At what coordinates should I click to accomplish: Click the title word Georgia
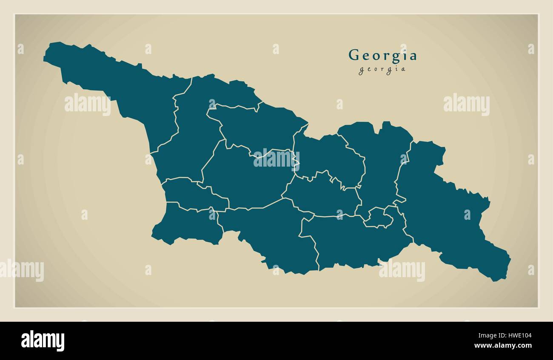[x=382, y=56]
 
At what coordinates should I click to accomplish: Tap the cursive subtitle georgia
[x=382, y=70]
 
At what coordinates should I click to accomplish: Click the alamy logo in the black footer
[x=43, y=341]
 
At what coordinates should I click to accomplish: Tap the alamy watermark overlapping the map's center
[x=276, y=159]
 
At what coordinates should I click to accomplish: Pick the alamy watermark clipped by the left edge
[x=21, y=271]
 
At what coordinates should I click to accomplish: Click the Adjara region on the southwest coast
[x=187, y=225]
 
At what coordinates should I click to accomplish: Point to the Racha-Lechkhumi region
[x=255, y=125]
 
